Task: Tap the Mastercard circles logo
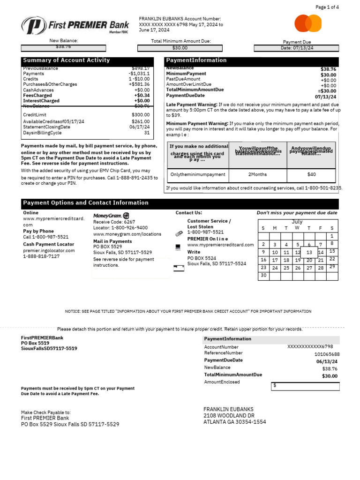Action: coord(308,23)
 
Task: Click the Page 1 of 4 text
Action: coord(327,7)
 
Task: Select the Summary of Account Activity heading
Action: coord(67,60)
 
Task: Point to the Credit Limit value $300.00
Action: coord(141,115)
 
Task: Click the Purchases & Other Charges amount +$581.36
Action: coord(139,84)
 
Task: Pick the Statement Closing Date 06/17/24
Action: coord(140,127)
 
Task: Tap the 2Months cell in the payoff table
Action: coord(257,175)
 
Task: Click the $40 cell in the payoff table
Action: coord(311,175)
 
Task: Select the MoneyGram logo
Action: coord(112,216)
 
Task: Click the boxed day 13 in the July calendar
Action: coord(309,252)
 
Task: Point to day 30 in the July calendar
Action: coord(263,276)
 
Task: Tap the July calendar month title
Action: coord(297,222)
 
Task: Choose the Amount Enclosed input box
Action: coord(305,386)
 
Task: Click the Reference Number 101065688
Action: coord(327,354)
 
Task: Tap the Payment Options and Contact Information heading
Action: coord(86,203)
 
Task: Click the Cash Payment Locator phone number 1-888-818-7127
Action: coord(41,257)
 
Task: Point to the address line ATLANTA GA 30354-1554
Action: coord(234,422)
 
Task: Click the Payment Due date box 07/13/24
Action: coord(297,48)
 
